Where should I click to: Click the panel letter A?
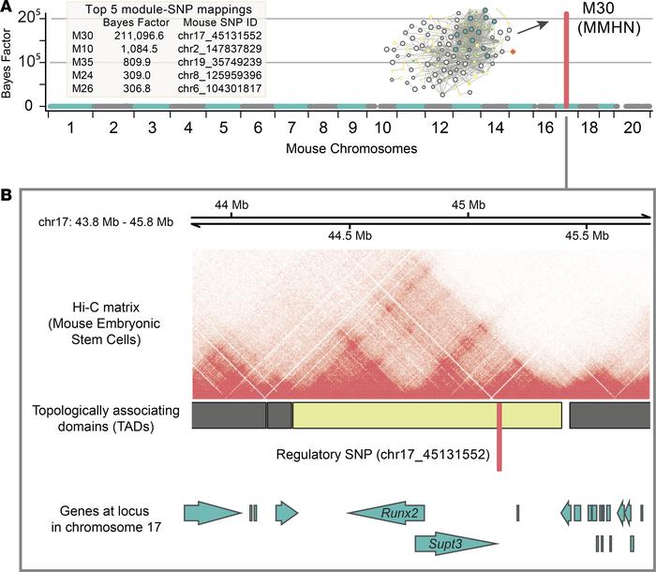8,9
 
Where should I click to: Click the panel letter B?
8,197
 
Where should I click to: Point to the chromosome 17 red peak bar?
566,56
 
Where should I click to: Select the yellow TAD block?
426,415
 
